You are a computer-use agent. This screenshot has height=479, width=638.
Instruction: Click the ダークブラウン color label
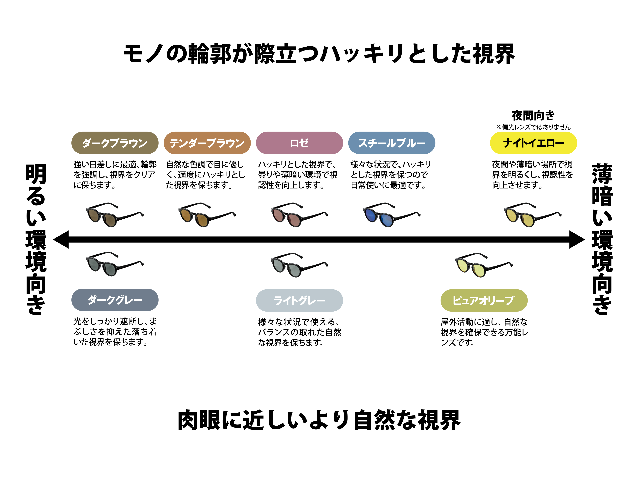115,143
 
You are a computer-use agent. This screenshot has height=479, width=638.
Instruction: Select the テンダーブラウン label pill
207,143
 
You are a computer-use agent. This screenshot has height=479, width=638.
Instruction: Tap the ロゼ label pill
299,143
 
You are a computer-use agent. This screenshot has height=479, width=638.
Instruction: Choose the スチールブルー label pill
392,143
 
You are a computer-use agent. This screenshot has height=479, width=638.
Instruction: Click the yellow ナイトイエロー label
533,143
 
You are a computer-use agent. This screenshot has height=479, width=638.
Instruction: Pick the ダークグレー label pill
115,300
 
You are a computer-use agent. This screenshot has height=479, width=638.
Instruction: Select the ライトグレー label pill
299,300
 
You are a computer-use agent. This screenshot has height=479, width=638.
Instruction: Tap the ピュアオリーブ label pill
484,300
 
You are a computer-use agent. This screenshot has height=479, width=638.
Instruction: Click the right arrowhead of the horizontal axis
577,239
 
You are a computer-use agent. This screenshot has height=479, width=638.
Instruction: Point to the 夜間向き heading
533,115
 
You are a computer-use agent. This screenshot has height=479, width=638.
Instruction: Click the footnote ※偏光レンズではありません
533,127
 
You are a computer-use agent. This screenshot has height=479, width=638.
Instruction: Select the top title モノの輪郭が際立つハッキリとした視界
319,54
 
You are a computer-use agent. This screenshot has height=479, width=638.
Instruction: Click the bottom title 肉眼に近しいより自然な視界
319,420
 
